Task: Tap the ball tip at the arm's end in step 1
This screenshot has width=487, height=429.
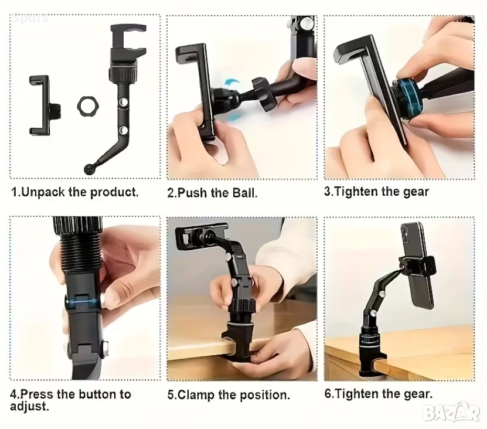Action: pos(88,169)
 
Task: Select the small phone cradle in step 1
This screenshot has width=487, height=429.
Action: pos(44,105)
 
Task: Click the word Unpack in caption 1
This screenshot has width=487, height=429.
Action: pos(43,192)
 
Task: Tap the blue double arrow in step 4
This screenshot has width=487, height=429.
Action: pos(84,301)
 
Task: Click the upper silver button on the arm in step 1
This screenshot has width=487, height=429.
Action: pos(123,102)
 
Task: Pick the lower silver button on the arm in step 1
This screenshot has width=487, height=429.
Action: pos(124,129)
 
